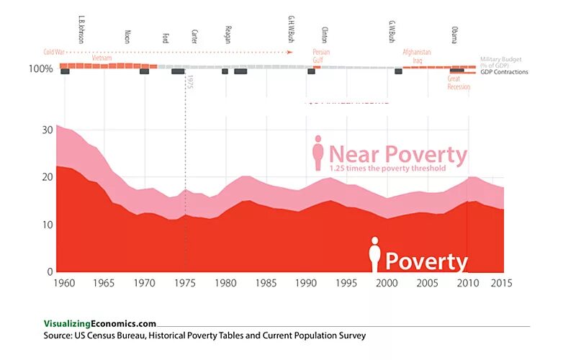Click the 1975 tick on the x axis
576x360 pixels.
point(186,283)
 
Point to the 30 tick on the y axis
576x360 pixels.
point(48,130)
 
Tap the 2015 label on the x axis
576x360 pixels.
point(502,283)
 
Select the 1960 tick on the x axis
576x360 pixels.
point(65,283)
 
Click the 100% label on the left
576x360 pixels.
point(40,69)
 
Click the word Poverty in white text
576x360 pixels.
point(426,261)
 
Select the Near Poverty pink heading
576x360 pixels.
point(398,154)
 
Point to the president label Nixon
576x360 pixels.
point(127,37)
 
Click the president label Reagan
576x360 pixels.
point(228,37)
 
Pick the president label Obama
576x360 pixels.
point(454,35)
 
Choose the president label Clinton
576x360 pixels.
point(323,36)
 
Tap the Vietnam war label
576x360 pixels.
point(102,57)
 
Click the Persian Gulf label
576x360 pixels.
point(321,55)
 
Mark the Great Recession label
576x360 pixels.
point(459,83)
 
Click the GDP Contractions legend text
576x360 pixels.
point(504,72)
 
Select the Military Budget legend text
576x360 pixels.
point(505,62)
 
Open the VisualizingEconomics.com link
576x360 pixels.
point(99,324)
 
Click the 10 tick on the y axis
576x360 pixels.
point(48,225)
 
